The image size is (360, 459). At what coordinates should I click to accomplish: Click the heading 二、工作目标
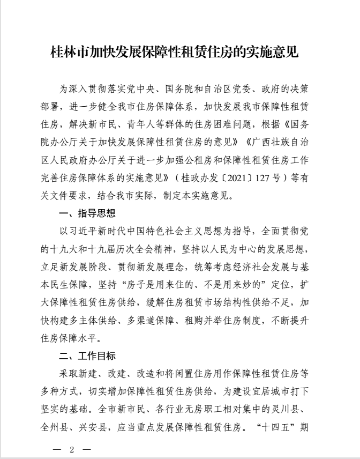[87, 356]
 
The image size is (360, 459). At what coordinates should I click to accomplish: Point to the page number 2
[71, 448]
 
